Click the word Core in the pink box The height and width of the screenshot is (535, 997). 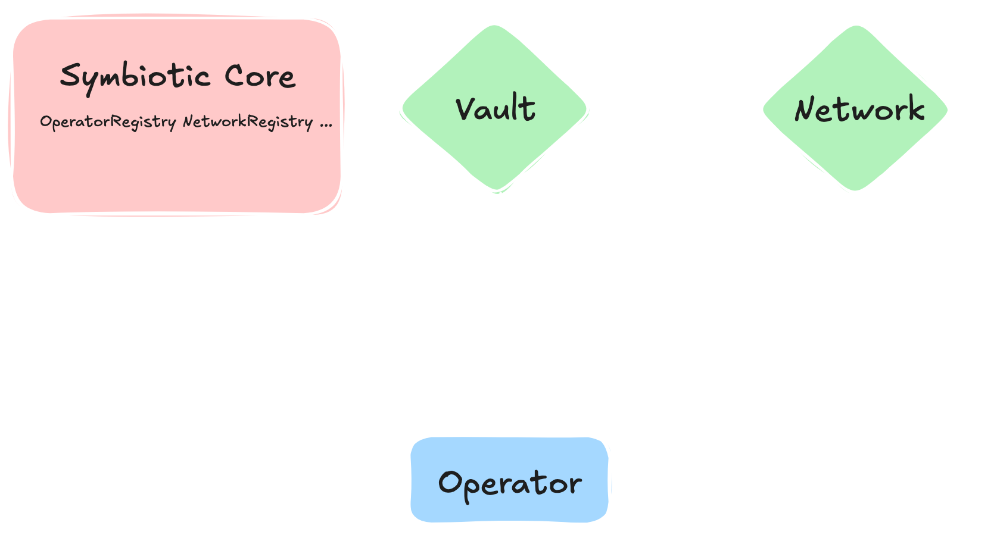(x=260, y=77)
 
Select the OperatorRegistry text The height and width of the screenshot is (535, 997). (x=108, y=122)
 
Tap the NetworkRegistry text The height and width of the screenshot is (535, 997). (x=247, y=122)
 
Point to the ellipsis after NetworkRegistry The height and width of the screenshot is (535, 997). (x=326, y=124)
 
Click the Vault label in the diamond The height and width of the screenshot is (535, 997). (x=496, y=109)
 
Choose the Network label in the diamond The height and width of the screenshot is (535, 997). (x=859, y=109)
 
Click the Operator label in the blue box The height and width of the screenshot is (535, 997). (x=510, y=483)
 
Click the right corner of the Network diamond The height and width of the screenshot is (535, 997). (x=948, y=109)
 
